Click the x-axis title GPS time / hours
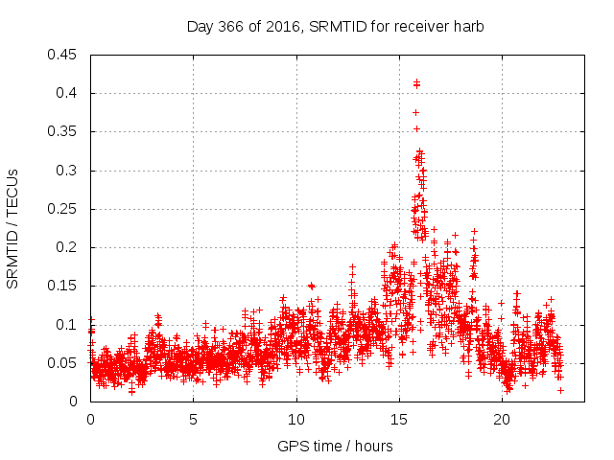click(x=335, y=447)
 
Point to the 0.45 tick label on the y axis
click(x=64, y=55)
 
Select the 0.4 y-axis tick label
click(x=68, y=93)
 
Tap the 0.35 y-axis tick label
click(x=64, y=131)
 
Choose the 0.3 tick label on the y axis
click(x=68, y=171)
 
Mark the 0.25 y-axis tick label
click(x=64, y=209)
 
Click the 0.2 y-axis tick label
click(x=68, y=247)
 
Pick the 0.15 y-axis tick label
click(x=64, y=286)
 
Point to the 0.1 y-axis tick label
click(x=68, y=325)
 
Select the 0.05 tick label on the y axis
click(x=64, y=363)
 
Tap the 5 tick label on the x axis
click(x=193, y=420)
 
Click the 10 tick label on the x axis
click(x=296, y=420)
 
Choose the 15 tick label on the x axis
click(x=399, y=420)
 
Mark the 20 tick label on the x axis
click(x=502, y=420)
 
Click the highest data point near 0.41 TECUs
click(x=415, y=83)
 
